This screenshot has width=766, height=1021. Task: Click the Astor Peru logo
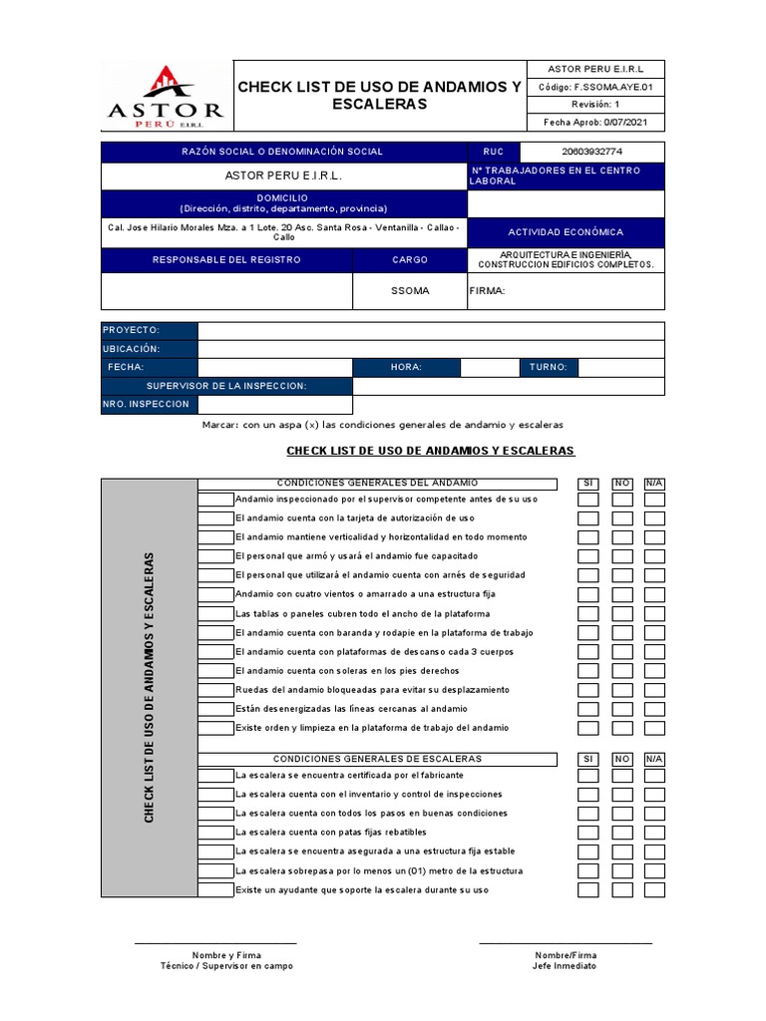(x=166, y=97)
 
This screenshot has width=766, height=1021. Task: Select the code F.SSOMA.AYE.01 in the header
(x=595, y=87)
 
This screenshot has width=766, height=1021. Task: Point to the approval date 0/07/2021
(x=595, y=122)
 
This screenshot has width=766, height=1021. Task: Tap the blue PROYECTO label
(x=149, y=330)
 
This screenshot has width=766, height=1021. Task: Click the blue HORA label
(x=406, y=367)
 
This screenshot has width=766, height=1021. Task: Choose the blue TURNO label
(x=548, y=367)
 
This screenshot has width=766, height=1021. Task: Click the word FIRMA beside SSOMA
(x=488, y=291)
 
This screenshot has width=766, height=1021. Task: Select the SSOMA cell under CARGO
(x=410, y=291)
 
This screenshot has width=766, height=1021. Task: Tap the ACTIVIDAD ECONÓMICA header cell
(x=566, y=232)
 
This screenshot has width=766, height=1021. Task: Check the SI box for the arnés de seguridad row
(x=588, y=575)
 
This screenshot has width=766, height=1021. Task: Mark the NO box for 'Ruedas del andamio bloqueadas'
(x=622, y=690)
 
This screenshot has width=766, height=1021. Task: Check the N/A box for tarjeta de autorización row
(x=654, y=518)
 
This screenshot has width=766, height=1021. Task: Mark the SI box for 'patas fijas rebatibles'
(x=588, y=833)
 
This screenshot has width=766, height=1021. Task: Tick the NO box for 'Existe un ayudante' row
(x=622, y=889)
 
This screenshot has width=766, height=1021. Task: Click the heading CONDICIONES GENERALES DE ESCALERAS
(x=377, y=760)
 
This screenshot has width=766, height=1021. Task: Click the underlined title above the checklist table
(x=430, y=451)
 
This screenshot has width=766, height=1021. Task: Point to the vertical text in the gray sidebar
(x=150, y=687)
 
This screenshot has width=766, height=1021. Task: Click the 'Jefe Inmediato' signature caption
(x=566, y=966)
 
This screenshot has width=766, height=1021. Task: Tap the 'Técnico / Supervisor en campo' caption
(x=226, y=966)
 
